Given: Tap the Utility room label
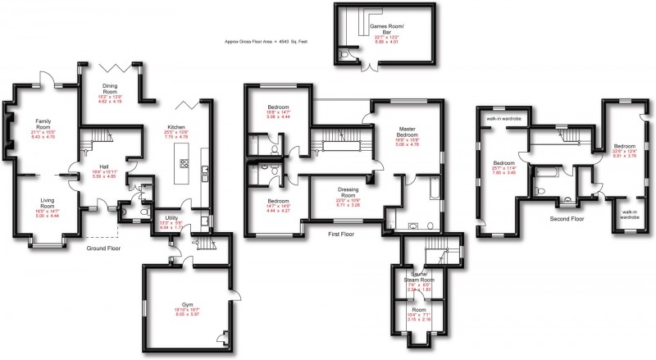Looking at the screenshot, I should [x=171, y=217].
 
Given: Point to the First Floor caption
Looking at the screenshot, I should [x=344, y=233].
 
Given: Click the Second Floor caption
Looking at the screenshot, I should [x=566, y=220].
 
